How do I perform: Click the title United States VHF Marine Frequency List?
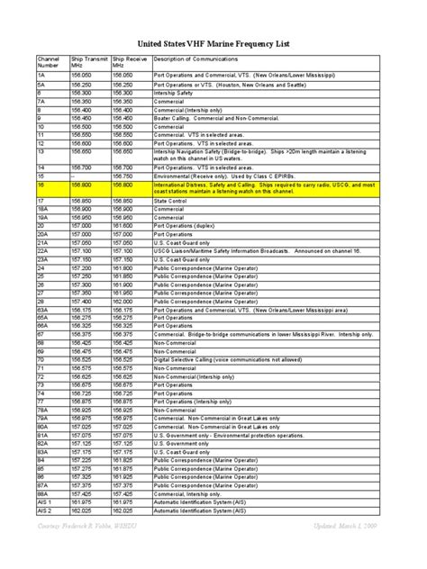(213, 41)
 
